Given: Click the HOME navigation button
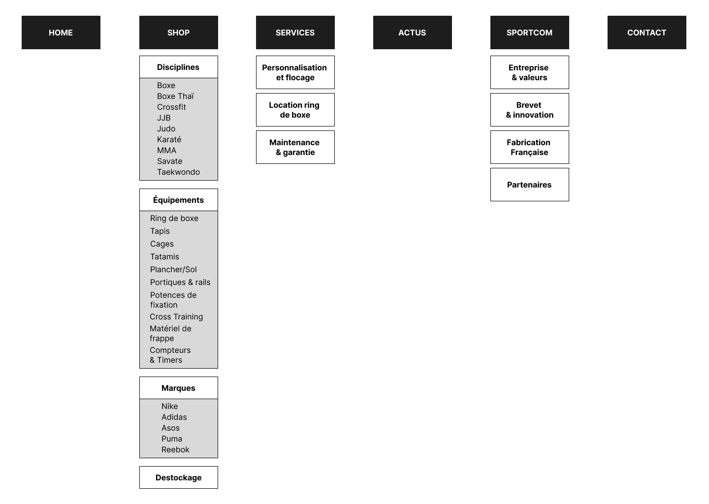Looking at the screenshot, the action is [x=61, y=32].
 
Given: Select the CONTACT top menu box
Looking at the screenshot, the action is [x=646, y=32].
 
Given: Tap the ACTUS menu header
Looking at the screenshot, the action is [x=413, y=32].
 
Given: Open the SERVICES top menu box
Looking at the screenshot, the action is [x=295, y=32].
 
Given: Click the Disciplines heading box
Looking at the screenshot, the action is [x=179, y=67].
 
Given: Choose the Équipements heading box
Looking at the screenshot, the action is [x=179, y=200].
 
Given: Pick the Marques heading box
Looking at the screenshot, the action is [x=179, y=388].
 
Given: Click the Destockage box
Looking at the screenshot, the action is [x=179, y=477].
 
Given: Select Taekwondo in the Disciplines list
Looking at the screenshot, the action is [x=179, y=172].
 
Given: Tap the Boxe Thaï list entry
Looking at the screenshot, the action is [x=175, y=96].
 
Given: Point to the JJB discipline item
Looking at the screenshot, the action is [x=163, y=118].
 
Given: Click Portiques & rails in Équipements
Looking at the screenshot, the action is [x=180, y=282].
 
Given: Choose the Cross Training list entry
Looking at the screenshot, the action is [x=176, y=316].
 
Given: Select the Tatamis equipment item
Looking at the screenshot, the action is [x=164, y=256].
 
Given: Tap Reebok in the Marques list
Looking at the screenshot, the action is [x=175, y=449].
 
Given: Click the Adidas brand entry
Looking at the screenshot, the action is [x=174, y=417].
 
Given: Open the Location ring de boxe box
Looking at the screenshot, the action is [x=295, y=110].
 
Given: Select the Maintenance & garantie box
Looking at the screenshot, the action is [x=295, y=147].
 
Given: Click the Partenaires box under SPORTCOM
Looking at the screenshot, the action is [x=530, y=185].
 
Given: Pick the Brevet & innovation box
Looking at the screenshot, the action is [x=530, y=110].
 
